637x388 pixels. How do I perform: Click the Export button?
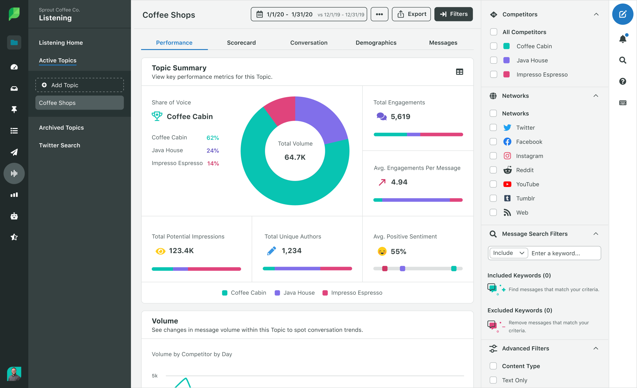coord(411,14)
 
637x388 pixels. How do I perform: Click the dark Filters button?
coord(453,14)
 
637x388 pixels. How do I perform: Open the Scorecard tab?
coord(241,43)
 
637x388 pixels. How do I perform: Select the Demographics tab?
coord(376,43)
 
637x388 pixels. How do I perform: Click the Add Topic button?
coord(80,85)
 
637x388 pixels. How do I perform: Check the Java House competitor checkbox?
coord(494,60)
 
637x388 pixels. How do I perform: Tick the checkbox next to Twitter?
coord(493,127)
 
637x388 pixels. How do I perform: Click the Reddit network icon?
coord(507,170)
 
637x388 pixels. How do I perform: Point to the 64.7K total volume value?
coord(295,157)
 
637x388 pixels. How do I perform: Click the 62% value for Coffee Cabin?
coord(212,138)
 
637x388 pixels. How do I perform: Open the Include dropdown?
coord(508,253)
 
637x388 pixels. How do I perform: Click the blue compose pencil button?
coord(623,14)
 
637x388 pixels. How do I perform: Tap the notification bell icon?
coord(623,39)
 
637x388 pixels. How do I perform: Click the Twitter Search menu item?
coord(60,145)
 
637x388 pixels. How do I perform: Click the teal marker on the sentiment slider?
coord(454,269)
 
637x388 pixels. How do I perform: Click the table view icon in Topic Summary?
coord(459,72)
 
